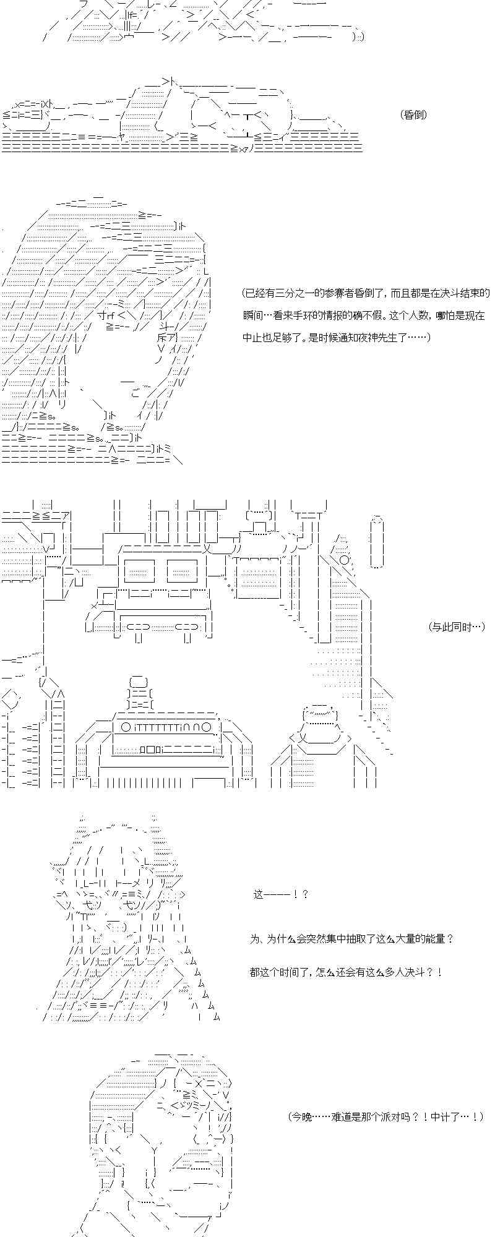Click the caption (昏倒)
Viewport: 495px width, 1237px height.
pos(414,114)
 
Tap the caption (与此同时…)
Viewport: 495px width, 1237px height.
pos(455,627)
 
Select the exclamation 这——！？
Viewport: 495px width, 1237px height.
pos(280,894)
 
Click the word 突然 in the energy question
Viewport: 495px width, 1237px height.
pos(312,939)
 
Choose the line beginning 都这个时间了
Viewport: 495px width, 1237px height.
pos(346,972)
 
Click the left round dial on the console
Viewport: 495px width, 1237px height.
pos(126,727)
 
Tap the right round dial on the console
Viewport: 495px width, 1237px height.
pos(207,727)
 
